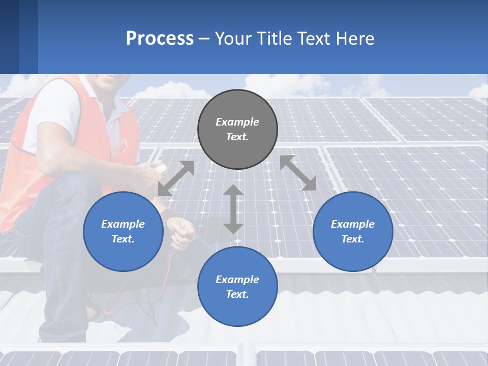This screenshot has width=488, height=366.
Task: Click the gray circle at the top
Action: (x=237, y=130)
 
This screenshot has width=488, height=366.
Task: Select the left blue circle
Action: (x=123, y=231)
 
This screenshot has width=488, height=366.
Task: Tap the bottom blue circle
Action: (x=237, y=287)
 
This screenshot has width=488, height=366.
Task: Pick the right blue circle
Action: (x=353, y=231)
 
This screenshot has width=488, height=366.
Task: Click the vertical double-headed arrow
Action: (x=233, y=209)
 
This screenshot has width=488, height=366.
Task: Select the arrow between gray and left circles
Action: (x=176, y=178)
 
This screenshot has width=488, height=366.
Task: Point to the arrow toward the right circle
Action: (x=298, y=173)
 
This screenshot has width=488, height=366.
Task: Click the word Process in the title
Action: (x=160, y=38)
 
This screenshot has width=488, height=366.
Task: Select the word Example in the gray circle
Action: (x=237, y=122)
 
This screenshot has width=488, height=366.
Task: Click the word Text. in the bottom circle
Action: (x=237, y=294)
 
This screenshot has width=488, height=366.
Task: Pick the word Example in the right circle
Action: (x=353, y=224)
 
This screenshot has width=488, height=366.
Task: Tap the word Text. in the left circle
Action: (x=123, y=239)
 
